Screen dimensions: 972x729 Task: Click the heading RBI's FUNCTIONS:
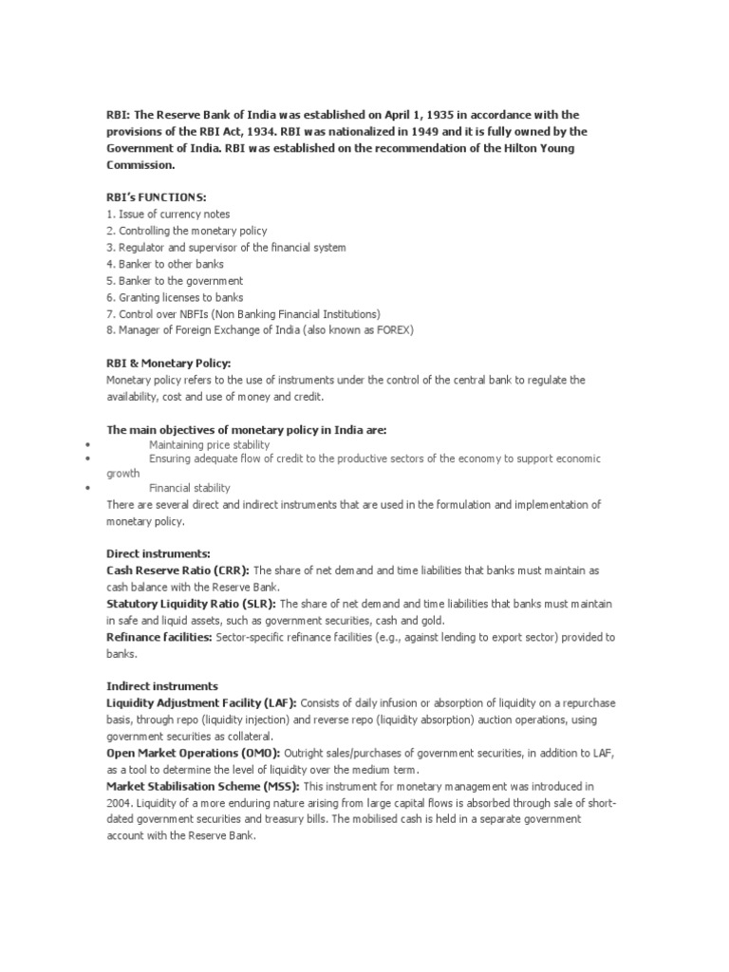point(156,197)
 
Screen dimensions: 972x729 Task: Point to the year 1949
point(371,131)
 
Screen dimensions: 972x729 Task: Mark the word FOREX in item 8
point(392,330)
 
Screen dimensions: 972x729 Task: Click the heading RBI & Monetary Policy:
point(168,364)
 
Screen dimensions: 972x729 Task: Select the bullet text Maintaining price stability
point(209,444)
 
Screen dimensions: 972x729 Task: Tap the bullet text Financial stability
point(189,488)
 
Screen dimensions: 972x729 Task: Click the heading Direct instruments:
point(158,552)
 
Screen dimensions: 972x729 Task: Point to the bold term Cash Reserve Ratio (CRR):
point(178,570)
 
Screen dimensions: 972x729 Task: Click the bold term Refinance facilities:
point(159,637)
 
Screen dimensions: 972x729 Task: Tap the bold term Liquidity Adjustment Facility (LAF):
point(201,702)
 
